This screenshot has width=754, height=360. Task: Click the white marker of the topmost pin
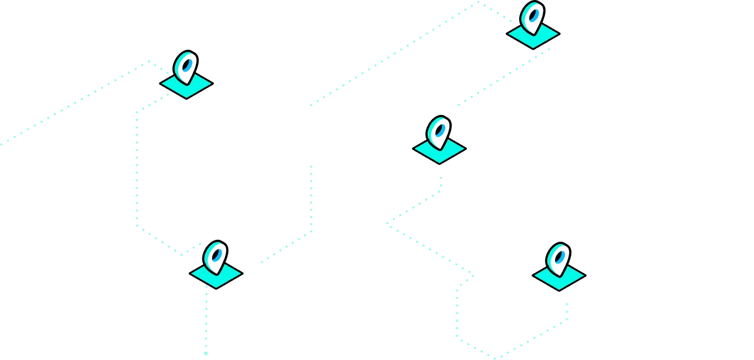coord(532,17)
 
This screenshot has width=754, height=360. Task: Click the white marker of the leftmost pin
coord(185,67)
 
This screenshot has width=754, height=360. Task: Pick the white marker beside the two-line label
coord(438,133)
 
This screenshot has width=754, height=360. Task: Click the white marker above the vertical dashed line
coord(215,257)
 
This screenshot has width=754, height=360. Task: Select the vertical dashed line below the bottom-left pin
coord(207,323)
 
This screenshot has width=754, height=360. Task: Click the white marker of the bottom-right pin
coord(558,259)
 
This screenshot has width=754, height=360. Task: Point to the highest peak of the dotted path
coord(477,3)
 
